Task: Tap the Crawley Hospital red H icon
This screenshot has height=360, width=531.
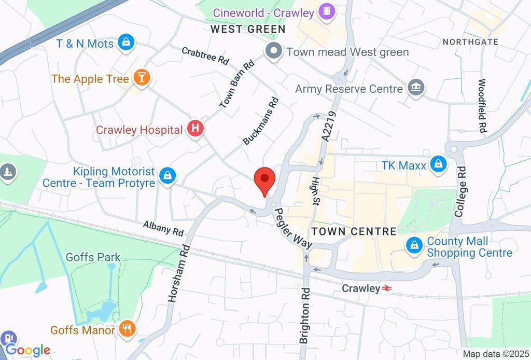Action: pyautogui.click(x=195, y=129)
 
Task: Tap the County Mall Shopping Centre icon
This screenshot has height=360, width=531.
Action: pyautogui.click(x=414, y=245)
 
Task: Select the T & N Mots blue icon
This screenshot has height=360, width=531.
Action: pyautogui.click(x=125, y=43)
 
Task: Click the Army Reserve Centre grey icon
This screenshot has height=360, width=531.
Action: pyautogui.click(x=416, y=88)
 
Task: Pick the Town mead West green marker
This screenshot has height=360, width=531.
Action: pyautogui.click(x=273, y=51)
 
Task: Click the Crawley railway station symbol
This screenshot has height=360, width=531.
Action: pyautogui.click(x=387, y=288)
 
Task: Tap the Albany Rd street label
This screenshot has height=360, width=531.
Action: pyautogui.click(x=163, y=227)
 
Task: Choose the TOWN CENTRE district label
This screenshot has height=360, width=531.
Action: pyautogui.click(x=354, y=231)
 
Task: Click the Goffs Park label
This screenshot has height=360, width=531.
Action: pyautogui.click(x=93, y=257)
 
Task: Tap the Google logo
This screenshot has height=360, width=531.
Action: pyautogui.click(x=27, y=350)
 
